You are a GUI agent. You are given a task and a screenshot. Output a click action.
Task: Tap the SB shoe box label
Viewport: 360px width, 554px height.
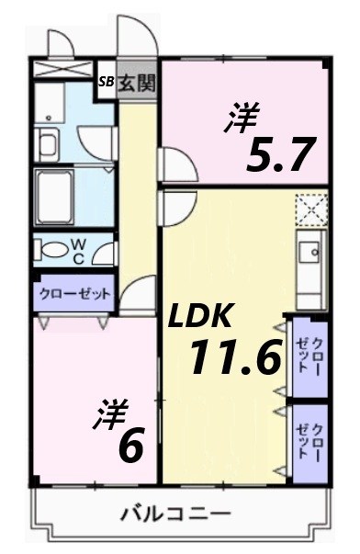[107, 81]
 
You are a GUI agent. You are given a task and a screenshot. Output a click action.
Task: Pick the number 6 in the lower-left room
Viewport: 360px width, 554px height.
[130, 447]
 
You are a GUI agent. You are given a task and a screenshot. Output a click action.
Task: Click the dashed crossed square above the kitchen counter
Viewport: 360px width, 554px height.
[310, 209]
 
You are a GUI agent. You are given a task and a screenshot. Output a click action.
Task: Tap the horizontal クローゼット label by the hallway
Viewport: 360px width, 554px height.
[73, 294]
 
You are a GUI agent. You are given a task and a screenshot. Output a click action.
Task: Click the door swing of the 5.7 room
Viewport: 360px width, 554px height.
[177, 165]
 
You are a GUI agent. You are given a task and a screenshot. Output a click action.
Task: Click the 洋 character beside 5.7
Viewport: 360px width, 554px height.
[241, 120]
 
